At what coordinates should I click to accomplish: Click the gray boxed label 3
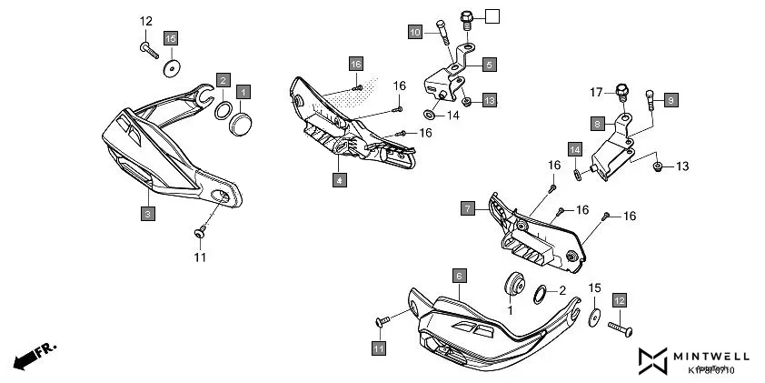tap(147, 213)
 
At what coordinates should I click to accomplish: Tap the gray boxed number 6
tap(460, 275)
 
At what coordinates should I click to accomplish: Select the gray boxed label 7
tap(467, 208)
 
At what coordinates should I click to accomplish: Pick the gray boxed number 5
tap(489, 65)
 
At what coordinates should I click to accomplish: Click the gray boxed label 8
tap(597, 123)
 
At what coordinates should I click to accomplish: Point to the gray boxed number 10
tap(414, 33)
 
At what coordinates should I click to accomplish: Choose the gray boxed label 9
tap(671, 99)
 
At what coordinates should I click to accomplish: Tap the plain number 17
tap(596, 91)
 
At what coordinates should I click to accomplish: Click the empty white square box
tap(492, 15)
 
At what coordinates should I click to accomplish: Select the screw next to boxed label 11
tap(382, 321)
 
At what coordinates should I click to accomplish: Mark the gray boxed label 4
tap(339, 180)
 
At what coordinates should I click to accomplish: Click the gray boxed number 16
tap(356, 64)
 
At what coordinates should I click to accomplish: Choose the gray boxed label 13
tap(489, 99)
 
